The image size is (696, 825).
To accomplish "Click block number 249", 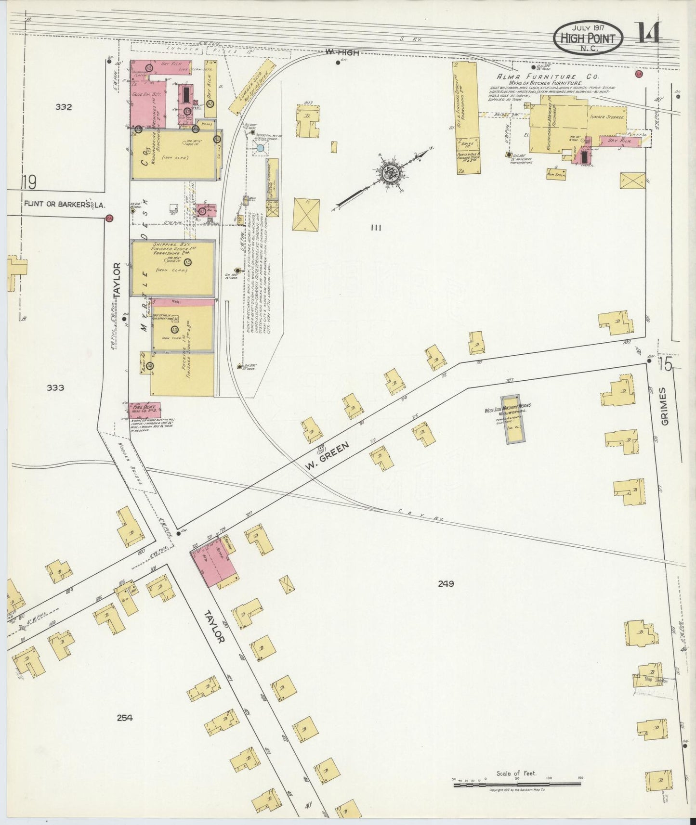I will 446,584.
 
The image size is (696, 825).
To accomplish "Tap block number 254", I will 124,718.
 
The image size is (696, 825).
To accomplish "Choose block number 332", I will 63,107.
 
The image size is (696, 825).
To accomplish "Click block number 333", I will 56,387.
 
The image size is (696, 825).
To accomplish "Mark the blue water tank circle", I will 260,148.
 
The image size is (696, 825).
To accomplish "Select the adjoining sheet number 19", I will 29,183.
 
